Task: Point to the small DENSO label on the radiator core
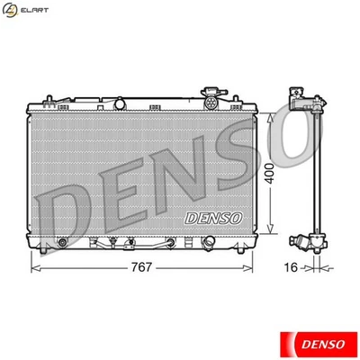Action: click(212, 218)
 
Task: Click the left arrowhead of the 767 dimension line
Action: click(34, 267)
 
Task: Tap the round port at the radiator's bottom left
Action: click(61, 242)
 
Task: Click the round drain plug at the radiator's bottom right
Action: click(208, 242)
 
